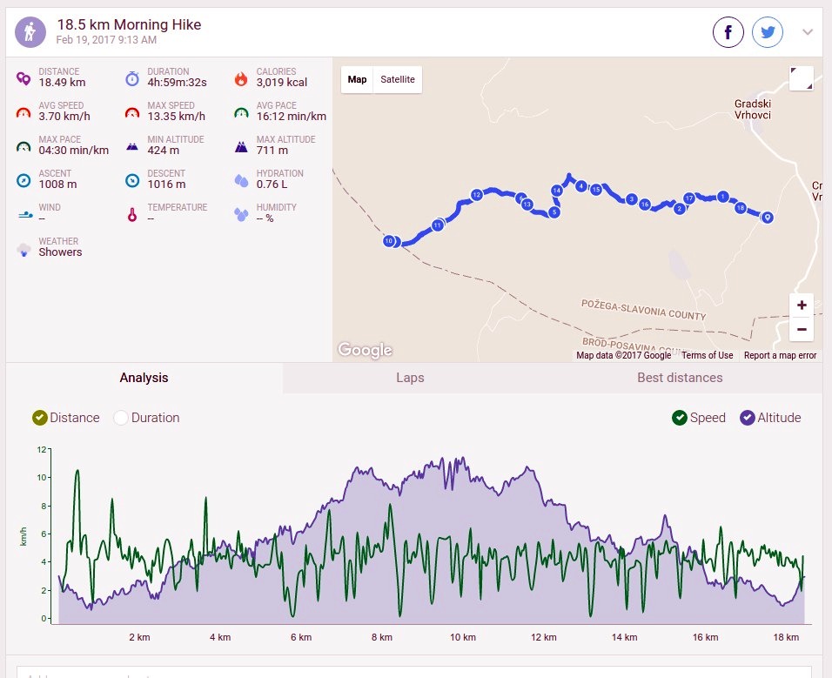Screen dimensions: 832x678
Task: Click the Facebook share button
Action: point(728,32)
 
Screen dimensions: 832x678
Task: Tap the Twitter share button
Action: point(768,32)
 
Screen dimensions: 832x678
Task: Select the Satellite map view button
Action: point(398,79)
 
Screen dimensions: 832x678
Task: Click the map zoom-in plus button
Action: point(802,305)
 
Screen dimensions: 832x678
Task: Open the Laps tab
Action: point(410,378)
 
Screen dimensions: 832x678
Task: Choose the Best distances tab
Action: point(680,378)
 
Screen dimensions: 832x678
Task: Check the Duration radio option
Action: point(120,418)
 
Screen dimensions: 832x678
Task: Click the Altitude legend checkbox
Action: point(747,418)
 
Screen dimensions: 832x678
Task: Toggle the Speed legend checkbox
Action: point(679,418)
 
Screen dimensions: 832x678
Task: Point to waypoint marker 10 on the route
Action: point(389,241)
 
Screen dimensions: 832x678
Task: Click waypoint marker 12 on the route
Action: point(477,195)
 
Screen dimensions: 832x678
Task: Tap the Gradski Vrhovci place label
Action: point(753,110)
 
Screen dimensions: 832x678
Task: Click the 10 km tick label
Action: point(463,637)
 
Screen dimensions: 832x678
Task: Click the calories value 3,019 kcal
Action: point(282,82)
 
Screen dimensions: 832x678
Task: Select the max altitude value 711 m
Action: point(272,151)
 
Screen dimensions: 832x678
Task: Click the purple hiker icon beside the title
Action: point(30,32)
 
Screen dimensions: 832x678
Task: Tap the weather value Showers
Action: point(60,252)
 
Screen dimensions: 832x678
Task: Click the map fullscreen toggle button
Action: point(802,78)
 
